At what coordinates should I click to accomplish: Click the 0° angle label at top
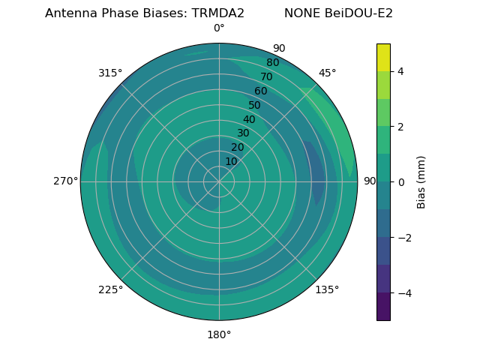tap(219, 28)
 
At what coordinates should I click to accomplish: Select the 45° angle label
tap(327, 73)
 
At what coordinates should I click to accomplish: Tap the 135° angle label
tap(327, 289)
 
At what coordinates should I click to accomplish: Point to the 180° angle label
tap(219, 334)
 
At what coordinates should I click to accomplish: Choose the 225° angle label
tap(110, 289)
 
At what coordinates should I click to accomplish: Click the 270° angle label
tap(65, 181)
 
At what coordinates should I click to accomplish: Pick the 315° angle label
tap(110, 73)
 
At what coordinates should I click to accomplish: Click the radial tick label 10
tap(231, 161)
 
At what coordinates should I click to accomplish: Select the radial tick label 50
tap(255, 106)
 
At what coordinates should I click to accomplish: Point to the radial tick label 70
tap(267, 76)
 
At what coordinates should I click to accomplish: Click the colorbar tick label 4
tap(400, 71)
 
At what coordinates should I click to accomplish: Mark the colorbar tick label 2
tap(400, 127)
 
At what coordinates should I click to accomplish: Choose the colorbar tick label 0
tap(400, 182)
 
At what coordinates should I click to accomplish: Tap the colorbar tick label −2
tap(403, 238)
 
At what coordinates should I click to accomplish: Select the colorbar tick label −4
tap(403, 293)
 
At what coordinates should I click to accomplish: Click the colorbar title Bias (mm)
tap(421, 182)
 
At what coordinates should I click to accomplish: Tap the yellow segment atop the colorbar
tap(383, 58)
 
